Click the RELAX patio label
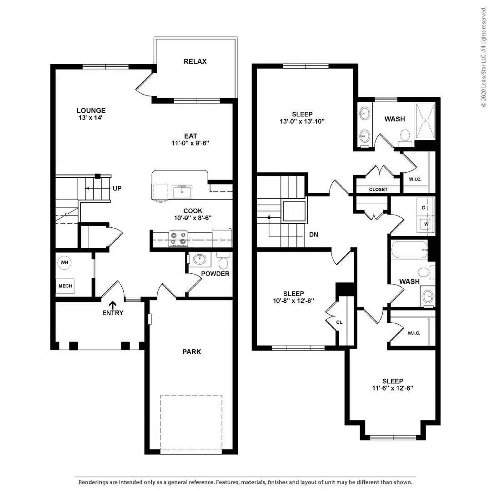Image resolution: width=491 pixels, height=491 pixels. click(195, 61)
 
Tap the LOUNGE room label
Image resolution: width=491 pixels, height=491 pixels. click(91, 110)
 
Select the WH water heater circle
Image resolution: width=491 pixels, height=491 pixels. click(65, 262)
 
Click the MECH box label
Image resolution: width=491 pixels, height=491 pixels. click(65, 286)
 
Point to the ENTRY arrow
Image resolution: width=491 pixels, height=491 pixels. click(113, 305)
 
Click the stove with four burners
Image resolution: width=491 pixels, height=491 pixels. click(178, 239)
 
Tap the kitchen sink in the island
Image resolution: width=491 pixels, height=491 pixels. click(182, 191)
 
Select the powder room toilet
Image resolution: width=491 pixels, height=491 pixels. click(224, 261)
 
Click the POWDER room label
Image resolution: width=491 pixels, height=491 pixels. click(215, 274)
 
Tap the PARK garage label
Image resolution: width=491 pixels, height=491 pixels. click(192, 351)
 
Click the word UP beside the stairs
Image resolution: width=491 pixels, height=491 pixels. click(117, 189)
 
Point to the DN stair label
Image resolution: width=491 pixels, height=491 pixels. click(313, 235)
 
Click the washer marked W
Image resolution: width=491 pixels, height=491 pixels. click(426, 224)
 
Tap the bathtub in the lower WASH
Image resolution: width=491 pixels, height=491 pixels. click(409, 250)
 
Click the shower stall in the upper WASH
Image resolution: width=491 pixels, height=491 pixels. click(425, 121)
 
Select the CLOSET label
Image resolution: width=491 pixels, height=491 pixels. click(378, 190)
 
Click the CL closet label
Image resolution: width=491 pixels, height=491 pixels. click(339, 322)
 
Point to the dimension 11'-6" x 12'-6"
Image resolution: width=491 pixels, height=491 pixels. click(393, 388)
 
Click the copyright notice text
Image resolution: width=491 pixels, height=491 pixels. click(484, 57)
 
